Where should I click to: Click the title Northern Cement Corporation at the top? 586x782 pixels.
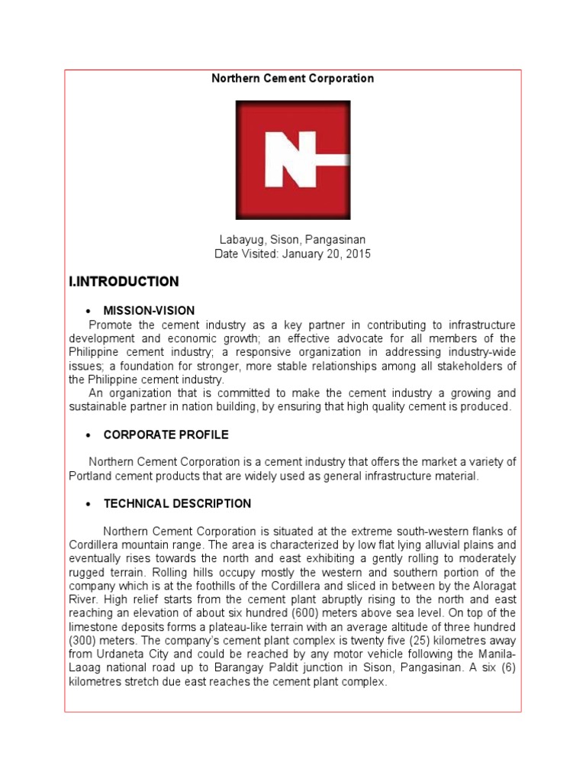pyautogui.click(x=292, y=79)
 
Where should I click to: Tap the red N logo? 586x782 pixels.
pyautogui.click(x=293, y=160)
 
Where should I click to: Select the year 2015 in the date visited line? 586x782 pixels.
pyautogui.click(x=358, y=254)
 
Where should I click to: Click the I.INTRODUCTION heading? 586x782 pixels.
pyautogui.click(x=124, y=282)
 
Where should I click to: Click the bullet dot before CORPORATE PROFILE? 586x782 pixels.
pyautogui.click(x=89, y=435)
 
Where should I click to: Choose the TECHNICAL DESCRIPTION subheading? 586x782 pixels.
pyautogui.click(x=177, y=504)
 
